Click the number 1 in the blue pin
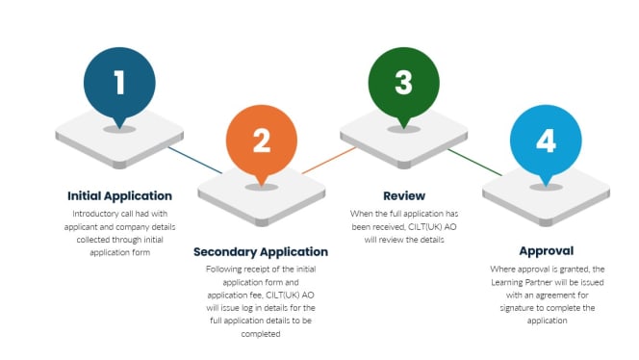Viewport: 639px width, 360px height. (x=119, y=82)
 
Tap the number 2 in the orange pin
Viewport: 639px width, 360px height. (x=261, y=141)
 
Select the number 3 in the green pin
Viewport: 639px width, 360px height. (x=403, y=82)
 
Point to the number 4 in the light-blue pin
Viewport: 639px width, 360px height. (x=546, y=141)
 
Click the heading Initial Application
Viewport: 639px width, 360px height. (x=119, y=195)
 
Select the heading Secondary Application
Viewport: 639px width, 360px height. (x=261, y=252)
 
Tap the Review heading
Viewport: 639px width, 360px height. (x=403, y=195)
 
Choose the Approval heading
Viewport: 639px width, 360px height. (x=546, y=251)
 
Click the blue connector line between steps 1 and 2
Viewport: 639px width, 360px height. (x=191, y=158)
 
